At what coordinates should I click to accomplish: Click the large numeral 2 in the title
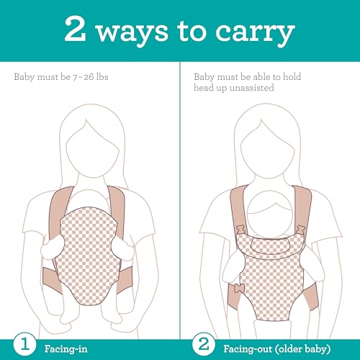[75, 29]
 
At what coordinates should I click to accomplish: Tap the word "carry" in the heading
[255, 34]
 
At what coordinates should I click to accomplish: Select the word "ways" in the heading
[132, 34]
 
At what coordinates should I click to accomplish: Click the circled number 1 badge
[24, 344]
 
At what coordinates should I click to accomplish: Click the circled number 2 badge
[204, 344]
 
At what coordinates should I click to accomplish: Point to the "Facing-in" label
[66, 348]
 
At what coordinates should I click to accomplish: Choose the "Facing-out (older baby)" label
[277, 349]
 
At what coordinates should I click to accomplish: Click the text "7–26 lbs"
[91, 77]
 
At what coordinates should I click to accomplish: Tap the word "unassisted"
[251, 88]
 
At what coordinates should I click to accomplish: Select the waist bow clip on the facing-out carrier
[238, 288]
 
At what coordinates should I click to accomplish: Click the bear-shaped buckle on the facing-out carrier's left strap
[240, 230]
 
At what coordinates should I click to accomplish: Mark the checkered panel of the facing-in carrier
[89, 256]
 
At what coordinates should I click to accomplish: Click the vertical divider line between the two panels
[180, 200]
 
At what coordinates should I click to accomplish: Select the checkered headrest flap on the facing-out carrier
[271, 245]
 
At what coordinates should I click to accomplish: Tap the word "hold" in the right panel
[292, 77]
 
